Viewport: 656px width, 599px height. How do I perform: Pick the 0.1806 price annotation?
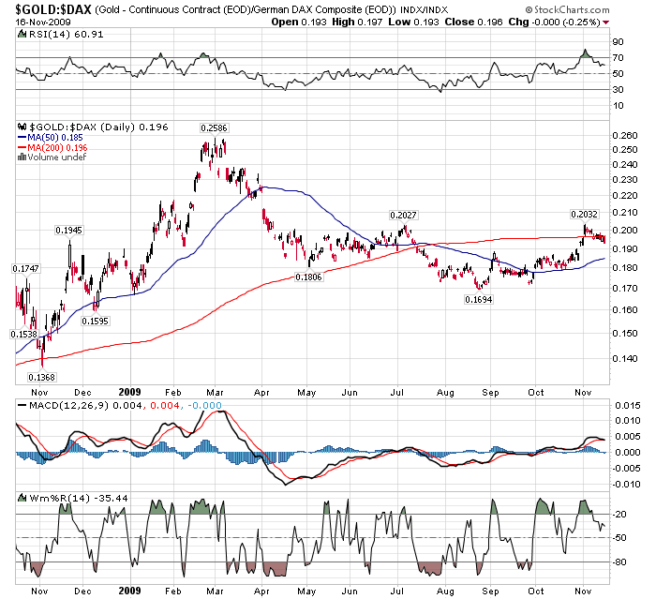309,277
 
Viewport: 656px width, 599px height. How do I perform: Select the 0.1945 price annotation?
68,230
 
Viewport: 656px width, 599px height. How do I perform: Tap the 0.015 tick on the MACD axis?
626,405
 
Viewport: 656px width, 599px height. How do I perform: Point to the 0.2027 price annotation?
398,216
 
